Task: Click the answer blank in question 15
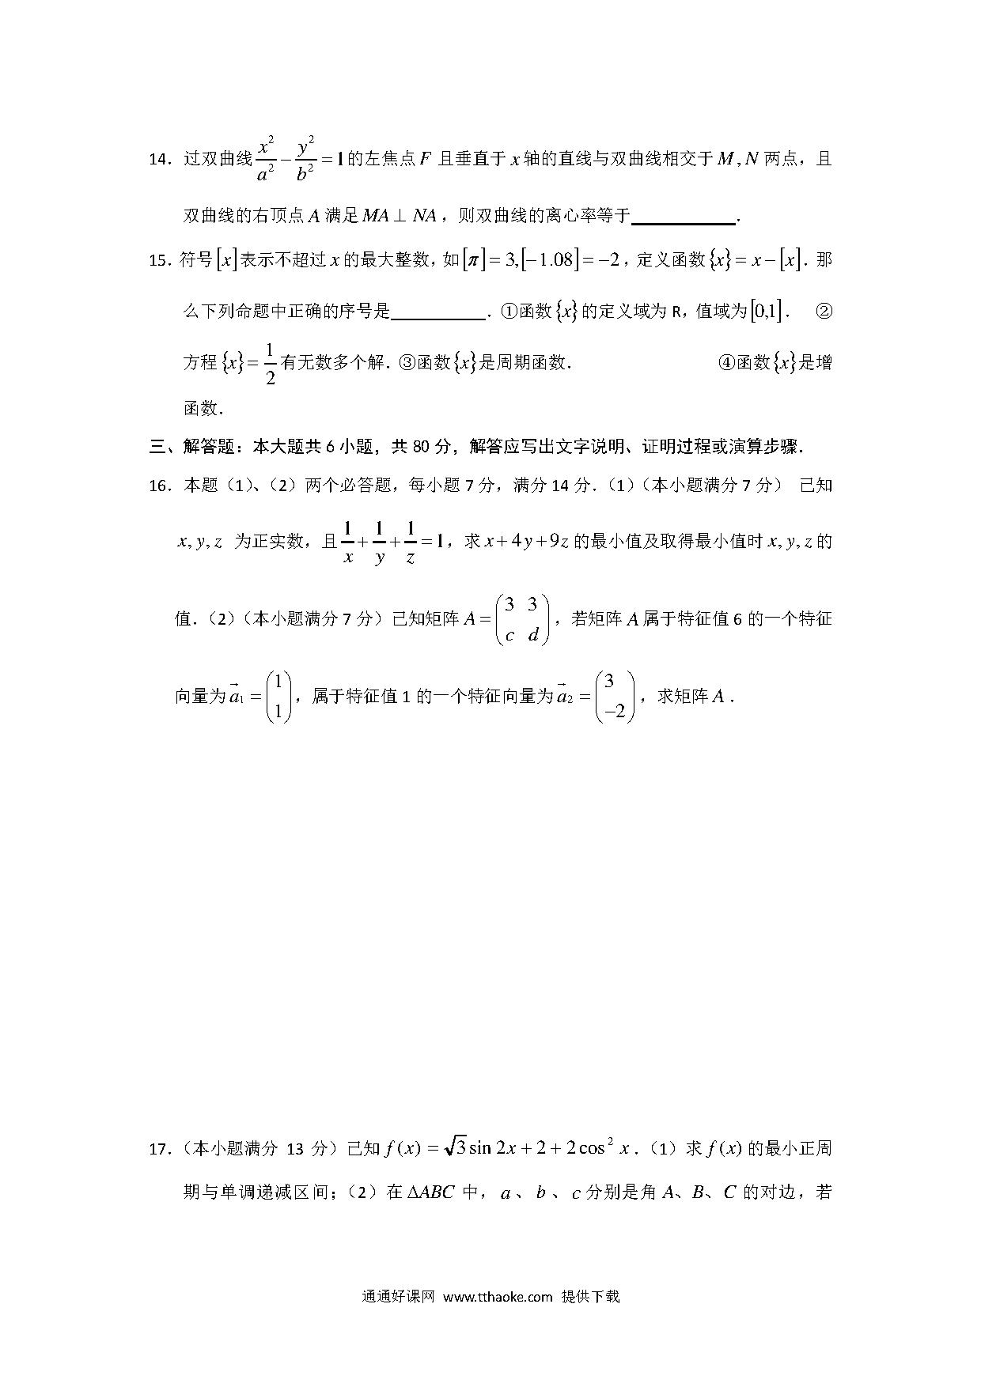click(438, 312)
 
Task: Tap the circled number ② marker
click(823, 312)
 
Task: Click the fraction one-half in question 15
click(270, 364)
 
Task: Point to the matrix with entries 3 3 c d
click(521, 619)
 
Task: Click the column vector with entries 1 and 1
click(278, 697)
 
